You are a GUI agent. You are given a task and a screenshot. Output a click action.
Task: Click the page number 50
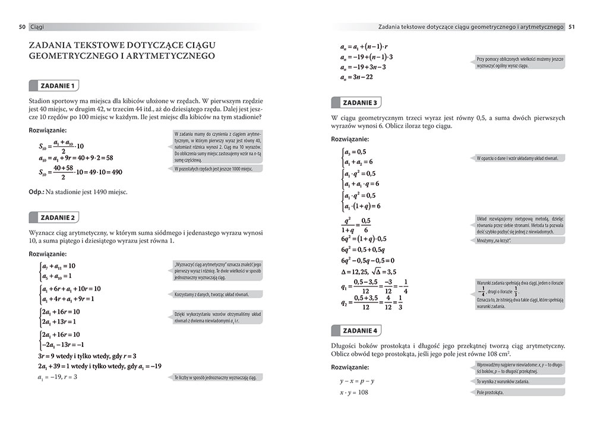tap(22, 27)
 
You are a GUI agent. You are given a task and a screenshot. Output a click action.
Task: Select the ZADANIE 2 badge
tap(57, 217)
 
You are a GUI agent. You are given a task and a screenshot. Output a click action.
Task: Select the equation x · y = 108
tap(354, 393)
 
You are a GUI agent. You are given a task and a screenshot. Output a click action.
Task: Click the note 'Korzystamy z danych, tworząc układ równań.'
tap(211, 294)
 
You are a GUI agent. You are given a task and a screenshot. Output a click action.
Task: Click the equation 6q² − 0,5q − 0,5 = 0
tap(368, 260)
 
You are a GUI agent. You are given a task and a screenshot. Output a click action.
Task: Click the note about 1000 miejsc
tap(214, 169)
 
